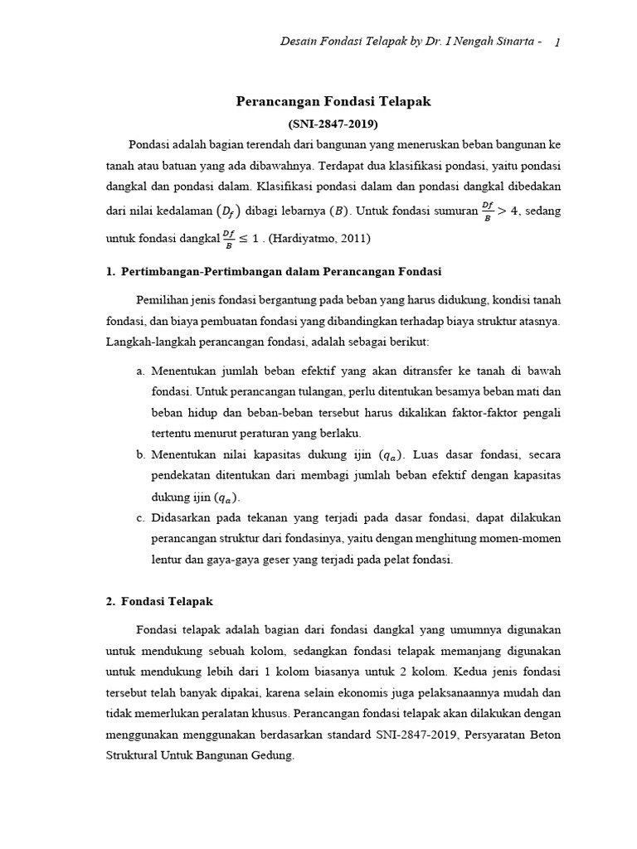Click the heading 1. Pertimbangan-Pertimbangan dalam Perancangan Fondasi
tap(274, 271)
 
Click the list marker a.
tap(140, 370)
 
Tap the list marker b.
tap(140, 454)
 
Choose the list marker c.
tap(140, 518)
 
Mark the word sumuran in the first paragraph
tap(455, 211)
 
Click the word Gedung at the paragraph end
tap(275, 756)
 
